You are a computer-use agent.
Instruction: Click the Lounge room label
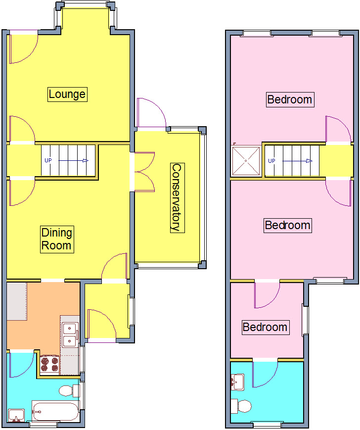tap(67, 94)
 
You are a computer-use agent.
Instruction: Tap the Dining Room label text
tap(56, 239)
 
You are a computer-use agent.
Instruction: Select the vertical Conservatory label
tap(176, 197)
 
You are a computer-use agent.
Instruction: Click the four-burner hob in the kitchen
tap(49, 364)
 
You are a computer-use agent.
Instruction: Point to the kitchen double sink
tap(69, 335)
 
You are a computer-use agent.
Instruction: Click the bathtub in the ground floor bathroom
tap(55, 411)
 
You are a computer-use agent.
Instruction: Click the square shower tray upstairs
tap(246, 160)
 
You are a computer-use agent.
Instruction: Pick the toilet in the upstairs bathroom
tap(242, 406)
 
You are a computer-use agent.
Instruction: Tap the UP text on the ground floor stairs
tap(48, 160)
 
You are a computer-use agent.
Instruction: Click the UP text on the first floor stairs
tap(271, 161)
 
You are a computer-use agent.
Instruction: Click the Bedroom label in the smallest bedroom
tap(265, 327)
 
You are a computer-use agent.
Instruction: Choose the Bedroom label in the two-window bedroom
tap(289, 99)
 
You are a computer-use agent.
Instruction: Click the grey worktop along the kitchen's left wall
tap(16, 301)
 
